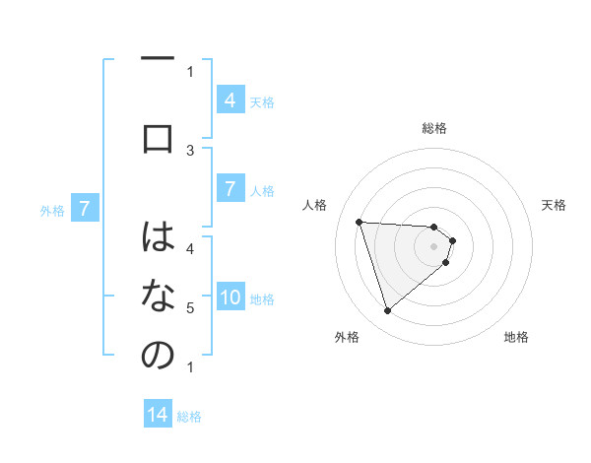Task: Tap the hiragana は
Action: pyautogui.click(x=158, y=236)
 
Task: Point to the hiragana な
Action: pyautogui.click(x=158, y=296)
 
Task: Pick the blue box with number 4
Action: pyautogui.click(x=230, y=99)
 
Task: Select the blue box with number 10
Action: pyautogui.click(x=230, y=298)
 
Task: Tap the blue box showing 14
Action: pyautogui.click(x=158, y=415)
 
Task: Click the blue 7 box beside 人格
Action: pyautogui.click(x=230, y=188)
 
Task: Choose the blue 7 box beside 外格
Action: pyautogui.click(x=86, y=208)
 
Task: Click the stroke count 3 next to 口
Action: pyautogui.click(x=190, y=150)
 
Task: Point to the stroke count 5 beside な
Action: pyautogui.click(x=190, y=308)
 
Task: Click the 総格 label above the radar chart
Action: pyautogui.click(x=433, y=128)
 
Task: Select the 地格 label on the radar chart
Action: pyautogui.click(x=516, y=337)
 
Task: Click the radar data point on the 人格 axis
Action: pyautogui.click(x=360, y=222)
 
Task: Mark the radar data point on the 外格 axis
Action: pyautogui.click(x=387, y=311)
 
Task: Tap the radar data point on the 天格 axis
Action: pyautogui.click(x=452, y=240)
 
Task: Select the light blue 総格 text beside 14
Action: pyautogui.click(x=189, y=416)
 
